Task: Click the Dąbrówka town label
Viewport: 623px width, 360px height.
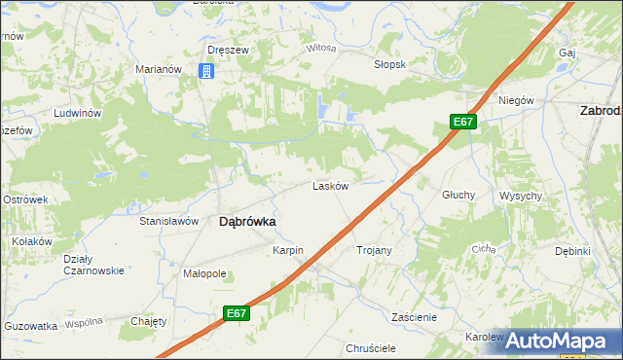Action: point(246,222)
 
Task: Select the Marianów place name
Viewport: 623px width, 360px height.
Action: point(160,70)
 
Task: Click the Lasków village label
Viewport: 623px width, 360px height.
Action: point(330,186)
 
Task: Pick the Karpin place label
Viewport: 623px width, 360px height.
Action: point(288,251)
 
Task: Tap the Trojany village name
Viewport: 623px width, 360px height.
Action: point(375,251)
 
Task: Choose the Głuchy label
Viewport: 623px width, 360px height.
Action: point(458,195)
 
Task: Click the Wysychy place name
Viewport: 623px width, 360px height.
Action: point(521,196)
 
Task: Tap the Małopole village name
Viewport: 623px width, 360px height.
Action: point(204,274)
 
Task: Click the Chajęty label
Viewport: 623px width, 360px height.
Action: point(149,321)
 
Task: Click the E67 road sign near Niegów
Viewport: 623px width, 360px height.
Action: point(463,122)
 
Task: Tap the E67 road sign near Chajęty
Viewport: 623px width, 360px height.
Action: point(235,313)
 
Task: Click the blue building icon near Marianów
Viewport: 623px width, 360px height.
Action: point(205,71)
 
